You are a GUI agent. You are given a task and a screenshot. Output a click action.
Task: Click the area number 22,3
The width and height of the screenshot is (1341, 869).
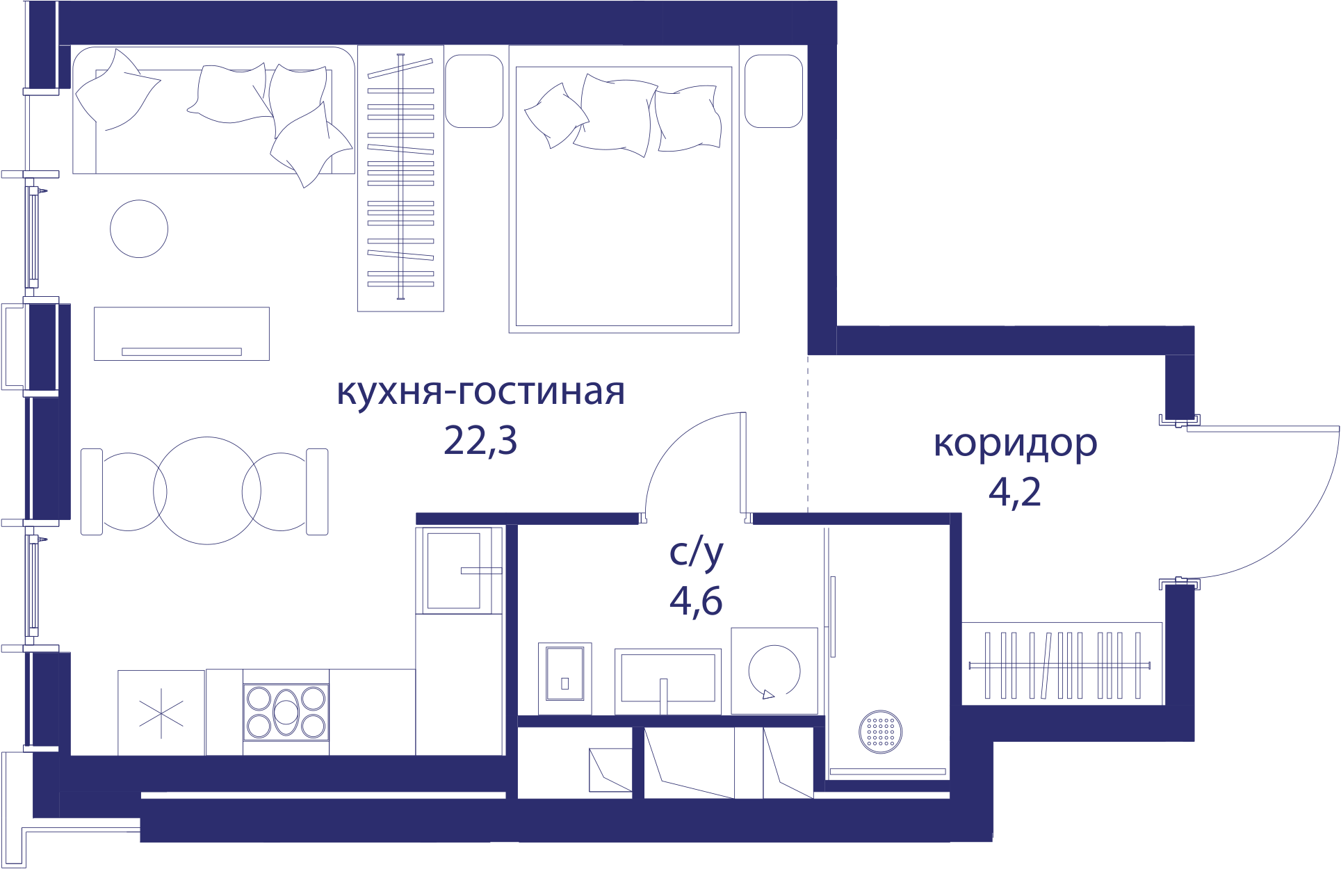point(480,441)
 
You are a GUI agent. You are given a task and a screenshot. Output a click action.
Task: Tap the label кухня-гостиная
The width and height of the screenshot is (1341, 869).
point(481,392)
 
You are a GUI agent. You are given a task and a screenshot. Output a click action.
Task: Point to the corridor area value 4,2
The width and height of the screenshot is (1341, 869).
point(1015,492)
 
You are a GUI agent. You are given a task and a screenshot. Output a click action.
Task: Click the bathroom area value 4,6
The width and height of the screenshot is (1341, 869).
point(696,601)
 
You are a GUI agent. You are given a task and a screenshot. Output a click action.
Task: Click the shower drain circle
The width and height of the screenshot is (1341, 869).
point(881,731)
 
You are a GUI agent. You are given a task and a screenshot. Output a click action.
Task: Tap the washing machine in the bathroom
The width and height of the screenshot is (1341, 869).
point(774,671)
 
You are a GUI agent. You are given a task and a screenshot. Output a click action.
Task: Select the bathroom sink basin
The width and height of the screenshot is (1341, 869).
point(667,681)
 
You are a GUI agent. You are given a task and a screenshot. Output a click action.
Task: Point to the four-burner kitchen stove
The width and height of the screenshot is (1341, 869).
point(286,712)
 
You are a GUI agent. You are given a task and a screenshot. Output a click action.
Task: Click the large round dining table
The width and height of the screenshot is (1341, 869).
point(207,491)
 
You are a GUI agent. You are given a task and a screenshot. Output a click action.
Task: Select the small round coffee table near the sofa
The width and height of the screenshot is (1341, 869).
point(139,229)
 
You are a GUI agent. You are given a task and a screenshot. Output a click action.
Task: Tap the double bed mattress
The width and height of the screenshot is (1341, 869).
point(624,196)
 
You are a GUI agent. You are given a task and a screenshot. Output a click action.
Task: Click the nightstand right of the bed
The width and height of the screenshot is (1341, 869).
point(774,91)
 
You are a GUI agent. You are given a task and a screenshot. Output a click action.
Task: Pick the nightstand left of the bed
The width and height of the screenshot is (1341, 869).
point(474,91)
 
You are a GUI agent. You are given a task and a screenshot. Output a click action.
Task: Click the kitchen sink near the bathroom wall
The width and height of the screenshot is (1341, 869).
point(459,570)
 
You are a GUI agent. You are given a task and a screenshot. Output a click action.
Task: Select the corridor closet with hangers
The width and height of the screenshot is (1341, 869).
point(1062,664)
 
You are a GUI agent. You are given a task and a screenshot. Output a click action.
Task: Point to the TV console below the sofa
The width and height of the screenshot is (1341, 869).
point(181,334)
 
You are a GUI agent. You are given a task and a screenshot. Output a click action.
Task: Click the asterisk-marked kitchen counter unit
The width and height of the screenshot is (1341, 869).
point(161,713)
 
